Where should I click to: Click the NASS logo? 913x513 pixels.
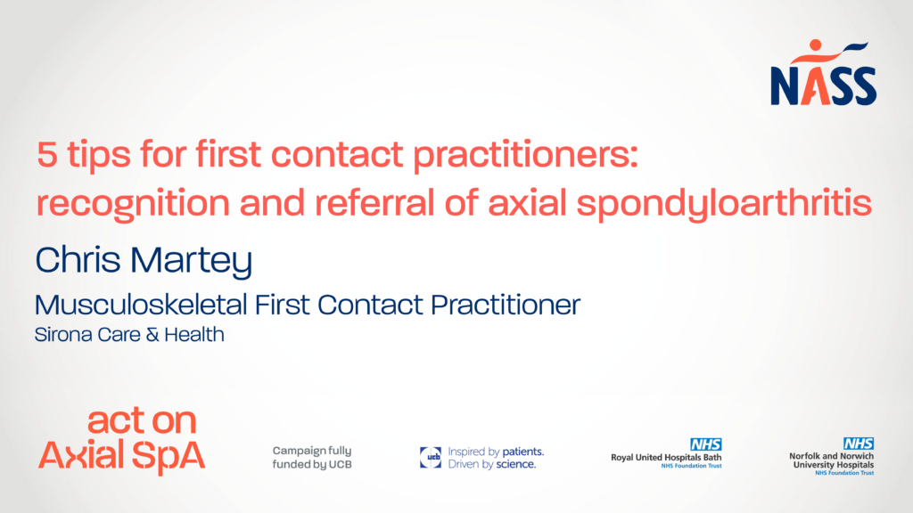(823, 73)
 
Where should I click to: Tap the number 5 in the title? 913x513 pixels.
(47, 155)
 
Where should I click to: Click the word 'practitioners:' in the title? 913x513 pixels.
(526, 157)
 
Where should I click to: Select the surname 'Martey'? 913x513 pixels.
(191, 261)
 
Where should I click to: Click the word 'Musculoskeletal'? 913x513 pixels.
(140, 305)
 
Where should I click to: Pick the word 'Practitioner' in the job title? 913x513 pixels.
(506, 305)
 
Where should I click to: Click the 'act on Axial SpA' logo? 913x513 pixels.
(121, 441)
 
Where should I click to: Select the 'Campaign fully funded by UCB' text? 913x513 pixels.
(312, 458)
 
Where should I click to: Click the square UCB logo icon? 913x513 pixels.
(431, 458)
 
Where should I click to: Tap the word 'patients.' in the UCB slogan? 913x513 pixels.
(522, 452)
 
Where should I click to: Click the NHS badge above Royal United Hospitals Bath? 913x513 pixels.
(706, 444)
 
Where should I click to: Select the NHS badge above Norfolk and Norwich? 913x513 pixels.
(859, 444)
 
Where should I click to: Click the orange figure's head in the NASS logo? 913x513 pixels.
(815, 45)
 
